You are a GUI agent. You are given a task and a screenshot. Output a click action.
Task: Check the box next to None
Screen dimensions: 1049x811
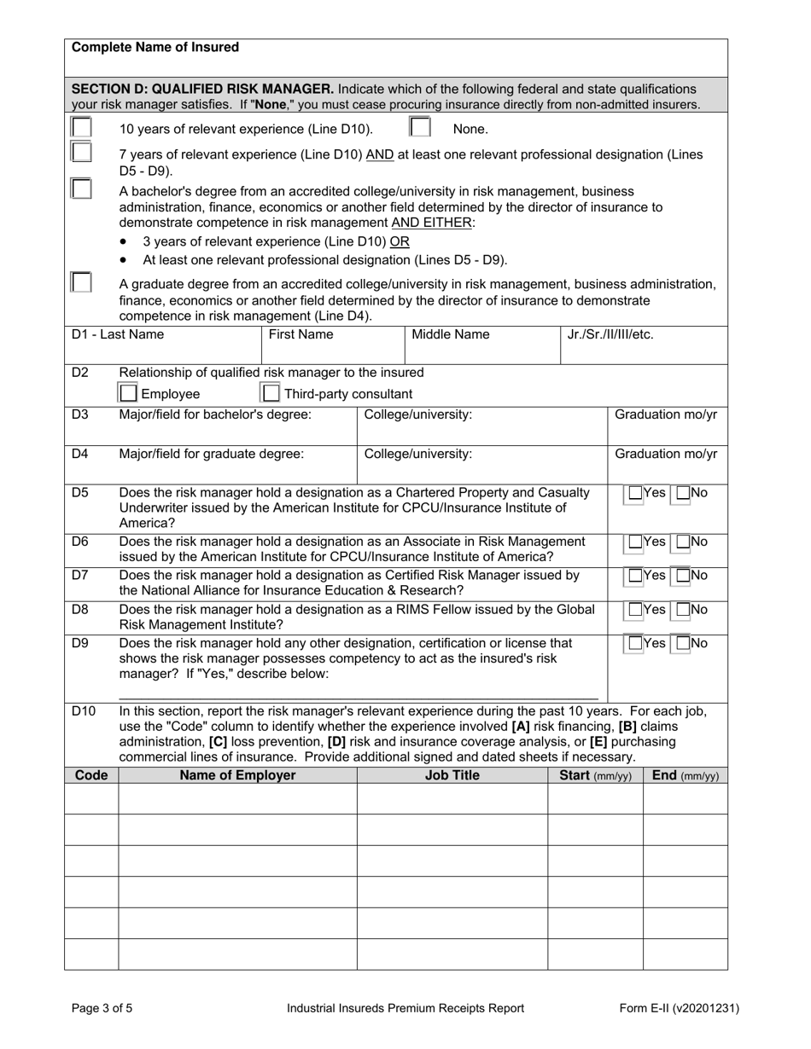(x=419, y=127)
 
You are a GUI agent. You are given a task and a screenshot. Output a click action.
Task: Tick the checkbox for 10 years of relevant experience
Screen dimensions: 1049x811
(x=81, y=127)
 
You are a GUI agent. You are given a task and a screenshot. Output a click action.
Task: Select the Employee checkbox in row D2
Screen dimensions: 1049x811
(x=128, y=393)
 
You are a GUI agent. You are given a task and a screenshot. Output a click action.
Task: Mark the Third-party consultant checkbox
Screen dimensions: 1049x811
(x=271, y=393)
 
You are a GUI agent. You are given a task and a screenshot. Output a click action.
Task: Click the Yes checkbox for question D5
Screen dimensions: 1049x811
(x=636, y=493)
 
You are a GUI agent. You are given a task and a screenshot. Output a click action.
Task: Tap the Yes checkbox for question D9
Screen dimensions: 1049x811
(x=636, y=643)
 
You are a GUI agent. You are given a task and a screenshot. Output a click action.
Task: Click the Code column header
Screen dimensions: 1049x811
(x=91, y=775)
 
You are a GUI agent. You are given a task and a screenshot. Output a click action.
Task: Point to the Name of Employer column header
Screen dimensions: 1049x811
(x=237, y=775)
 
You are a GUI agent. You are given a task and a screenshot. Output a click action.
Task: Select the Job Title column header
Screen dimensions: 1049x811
(x=452, y=775)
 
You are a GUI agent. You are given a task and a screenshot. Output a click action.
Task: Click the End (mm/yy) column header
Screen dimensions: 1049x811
(x=685, y=775)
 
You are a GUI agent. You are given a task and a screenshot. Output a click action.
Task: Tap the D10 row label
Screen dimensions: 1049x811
(x=84, y=710)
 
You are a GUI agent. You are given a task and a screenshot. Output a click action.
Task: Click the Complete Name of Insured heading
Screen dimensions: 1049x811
(x=155, y=48)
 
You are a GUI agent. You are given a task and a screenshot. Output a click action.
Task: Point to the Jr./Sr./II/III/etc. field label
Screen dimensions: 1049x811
(x=610, y=334)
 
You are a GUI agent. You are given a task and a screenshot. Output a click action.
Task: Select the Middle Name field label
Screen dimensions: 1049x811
(x=451, y=334)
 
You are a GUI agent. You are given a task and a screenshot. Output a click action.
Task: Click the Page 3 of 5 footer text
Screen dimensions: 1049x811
(x=102, y=1008)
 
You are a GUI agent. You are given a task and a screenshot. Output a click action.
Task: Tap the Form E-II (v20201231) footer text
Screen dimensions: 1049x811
(x=680, y=1008)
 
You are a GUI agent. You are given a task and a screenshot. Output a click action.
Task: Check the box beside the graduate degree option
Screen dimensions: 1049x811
(x=81, y=282)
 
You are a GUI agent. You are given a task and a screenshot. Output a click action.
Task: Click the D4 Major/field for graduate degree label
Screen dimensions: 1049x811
(x=211, y=454)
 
